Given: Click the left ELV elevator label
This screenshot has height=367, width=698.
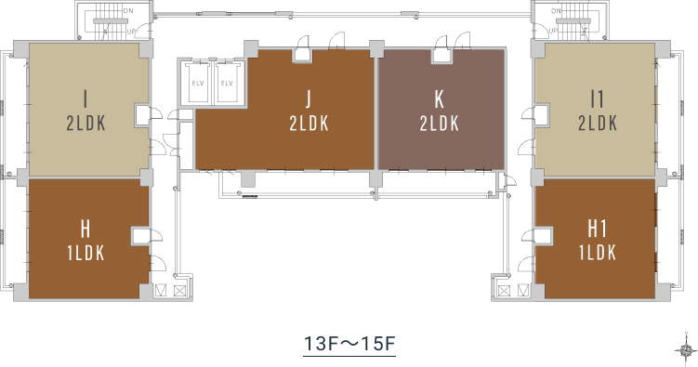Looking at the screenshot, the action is [198, 84].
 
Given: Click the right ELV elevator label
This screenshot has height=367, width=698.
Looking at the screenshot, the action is [227, 84].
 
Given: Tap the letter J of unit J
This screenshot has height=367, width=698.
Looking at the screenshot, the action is [309, 98].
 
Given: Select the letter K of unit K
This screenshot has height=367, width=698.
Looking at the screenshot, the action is [440, 99].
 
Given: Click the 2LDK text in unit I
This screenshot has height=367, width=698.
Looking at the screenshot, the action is [86, 124].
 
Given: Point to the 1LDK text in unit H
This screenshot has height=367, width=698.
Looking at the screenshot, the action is [86, 253].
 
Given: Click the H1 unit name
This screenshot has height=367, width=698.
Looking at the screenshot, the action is [598, 229].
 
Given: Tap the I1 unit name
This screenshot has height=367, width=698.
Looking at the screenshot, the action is [597, 99].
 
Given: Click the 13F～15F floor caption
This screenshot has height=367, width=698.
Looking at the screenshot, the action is [349, 344].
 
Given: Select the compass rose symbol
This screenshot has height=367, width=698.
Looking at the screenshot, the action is [686, 349].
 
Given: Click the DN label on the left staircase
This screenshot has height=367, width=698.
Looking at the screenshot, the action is [127, 10].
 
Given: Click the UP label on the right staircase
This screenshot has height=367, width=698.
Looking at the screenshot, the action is [553, 31].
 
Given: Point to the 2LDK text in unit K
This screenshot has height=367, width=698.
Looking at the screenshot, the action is [440, 124].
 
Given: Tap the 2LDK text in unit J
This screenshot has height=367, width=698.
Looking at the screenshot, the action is [309, 124].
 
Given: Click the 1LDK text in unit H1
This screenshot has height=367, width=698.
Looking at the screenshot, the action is [598, 253].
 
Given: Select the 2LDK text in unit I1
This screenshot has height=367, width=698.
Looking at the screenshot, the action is [598, 124].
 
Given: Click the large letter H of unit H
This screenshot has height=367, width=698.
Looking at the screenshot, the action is [86, 229].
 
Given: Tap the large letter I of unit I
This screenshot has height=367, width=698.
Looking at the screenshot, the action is [86, 99].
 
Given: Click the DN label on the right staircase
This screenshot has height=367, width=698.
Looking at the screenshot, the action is [556, 10].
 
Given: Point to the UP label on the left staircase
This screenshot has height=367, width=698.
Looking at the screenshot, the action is [131, 32].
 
